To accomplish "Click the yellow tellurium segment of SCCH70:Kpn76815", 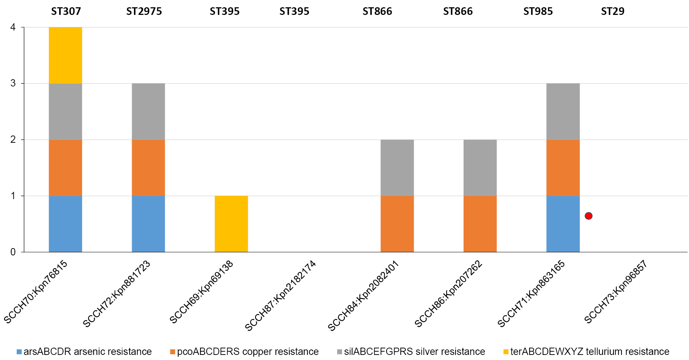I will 65,55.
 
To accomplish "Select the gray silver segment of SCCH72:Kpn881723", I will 148,112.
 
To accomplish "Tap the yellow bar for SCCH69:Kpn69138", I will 231,224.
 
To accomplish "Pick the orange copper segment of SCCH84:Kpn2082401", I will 397,224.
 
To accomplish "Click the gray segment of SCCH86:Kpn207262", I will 480,168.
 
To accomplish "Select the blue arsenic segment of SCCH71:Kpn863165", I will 563,224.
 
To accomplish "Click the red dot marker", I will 588,216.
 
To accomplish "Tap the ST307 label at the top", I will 66,12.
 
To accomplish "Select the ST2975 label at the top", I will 144,12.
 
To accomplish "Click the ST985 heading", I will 538,12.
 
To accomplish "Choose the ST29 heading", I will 612,12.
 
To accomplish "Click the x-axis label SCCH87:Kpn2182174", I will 280,295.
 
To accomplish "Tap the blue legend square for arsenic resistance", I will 19,352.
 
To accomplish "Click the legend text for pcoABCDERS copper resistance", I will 248,352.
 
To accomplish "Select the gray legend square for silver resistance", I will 339,352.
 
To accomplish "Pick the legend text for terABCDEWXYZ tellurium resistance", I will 590,352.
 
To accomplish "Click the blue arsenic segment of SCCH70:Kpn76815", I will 65,224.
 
